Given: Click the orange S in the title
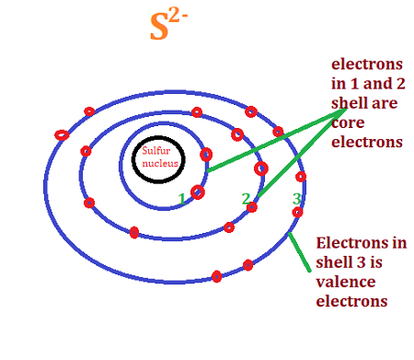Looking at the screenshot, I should pyautogui.click(x=160, y=29).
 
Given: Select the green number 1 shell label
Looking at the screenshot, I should pyautogui.click(x=182, y=198).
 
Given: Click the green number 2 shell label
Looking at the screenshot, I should pyautogui.click(x=245, y=198).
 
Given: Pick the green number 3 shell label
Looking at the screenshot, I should pyautogui.click(x=296, y=198).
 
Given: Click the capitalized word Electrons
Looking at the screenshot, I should pyautogui.click(x=347, y=245).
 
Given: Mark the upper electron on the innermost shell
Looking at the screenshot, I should pyautogui.click(x=206, y=155).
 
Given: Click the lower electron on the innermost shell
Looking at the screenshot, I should pyautogui.click(x=197, y=192).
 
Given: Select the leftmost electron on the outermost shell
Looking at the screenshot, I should pyautogui.click(x=62, y=134).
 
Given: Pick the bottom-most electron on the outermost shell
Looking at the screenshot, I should pyautogui.click(x=216, y=276).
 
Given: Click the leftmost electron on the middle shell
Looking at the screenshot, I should pyautogui.click(x=86, y=151).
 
